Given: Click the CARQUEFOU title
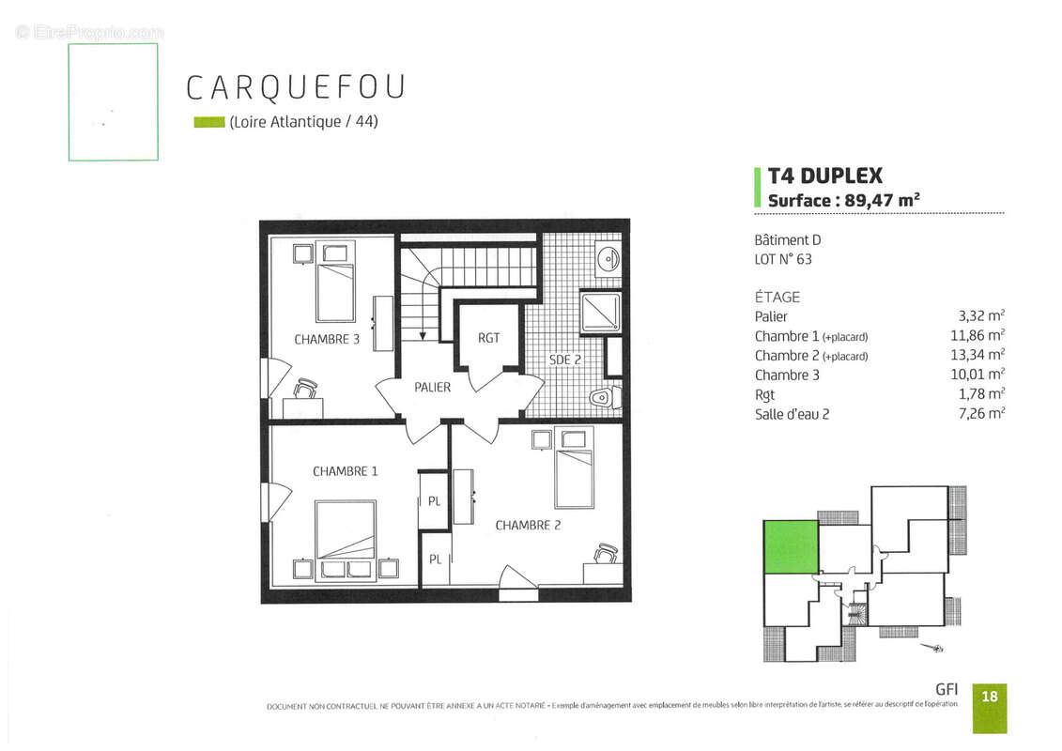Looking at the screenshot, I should point(296,86).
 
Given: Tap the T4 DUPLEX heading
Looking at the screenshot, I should point(824,176).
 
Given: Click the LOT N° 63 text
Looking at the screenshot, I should point(783,259).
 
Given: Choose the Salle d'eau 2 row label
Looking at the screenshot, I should point(792,414).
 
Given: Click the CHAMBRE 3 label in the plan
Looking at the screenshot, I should point(327,340).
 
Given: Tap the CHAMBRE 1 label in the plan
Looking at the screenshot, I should point(345,471).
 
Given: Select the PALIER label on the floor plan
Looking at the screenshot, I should point(432,388).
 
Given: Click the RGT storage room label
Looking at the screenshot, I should point(488,338).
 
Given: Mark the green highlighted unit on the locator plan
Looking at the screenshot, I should point(790,546).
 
